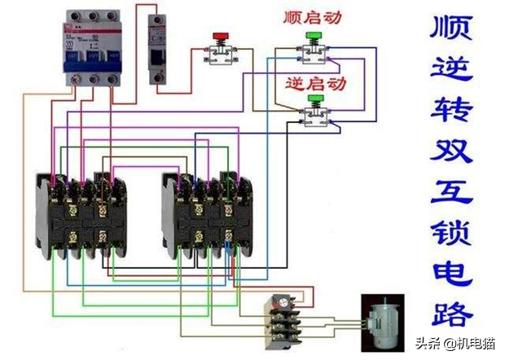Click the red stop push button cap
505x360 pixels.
(219, 37)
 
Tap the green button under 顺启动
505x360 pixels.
(312, 37)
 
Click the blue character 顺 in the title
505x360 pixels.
(451, 30)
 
